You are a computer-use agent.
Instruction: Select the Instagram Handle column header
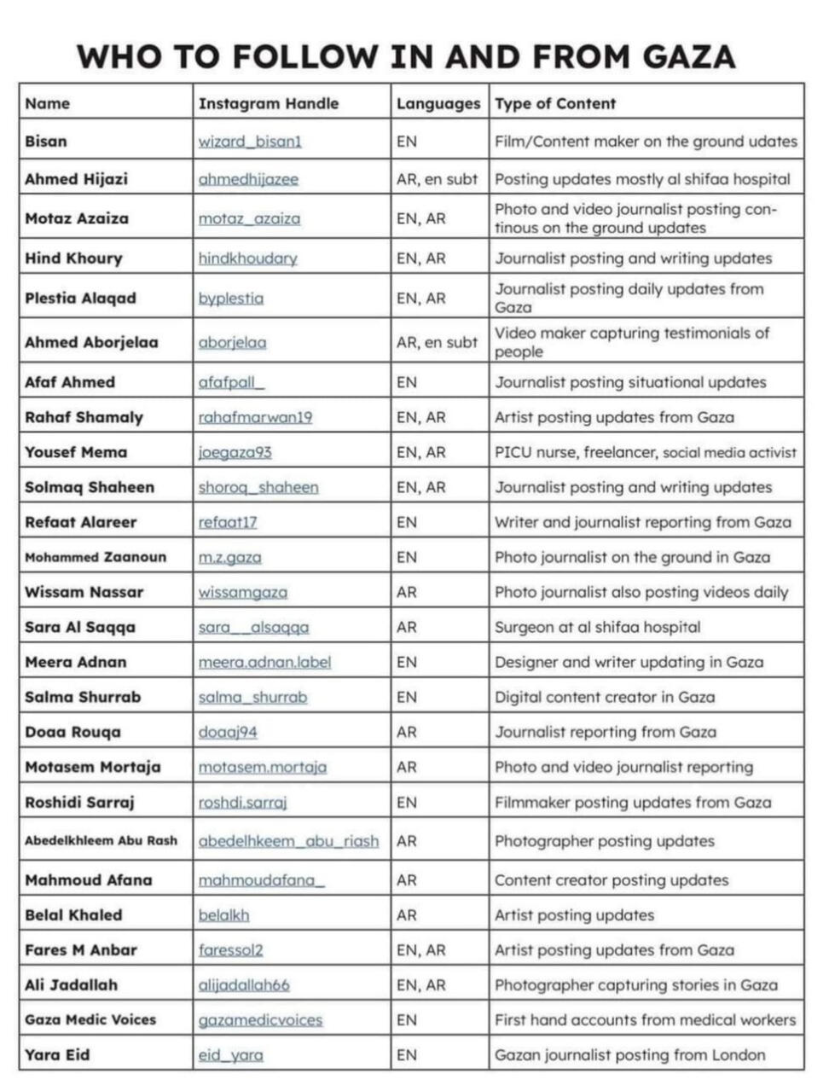coord(268,103)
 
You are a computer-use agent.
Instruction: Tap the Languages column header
coord(438,103)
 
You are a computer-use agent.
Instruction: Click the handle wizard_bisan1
coord(250,142)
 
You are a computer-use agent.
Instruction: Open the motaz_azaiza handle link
coord(249,218)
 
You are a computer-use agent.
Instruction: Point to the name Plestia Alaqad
coord(80,298)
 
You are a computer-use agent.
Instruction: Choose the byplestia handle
coord(230,298)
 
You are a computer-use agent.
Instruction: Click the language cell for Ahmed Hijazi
coord(437,179)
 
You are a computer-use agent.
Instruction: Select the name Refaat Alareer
coord(80,522)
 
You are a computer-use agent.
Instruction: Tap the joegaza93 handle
coord(235,452)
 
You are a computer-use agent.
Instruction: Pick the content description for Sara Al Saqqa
coord(597,627)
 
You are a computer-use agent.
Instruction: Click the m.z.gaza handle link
coord(229,557)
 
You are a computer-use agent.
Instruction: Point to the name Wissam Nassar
coord(84,592)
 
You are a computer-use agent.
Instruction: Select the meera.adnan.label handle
coord(264,662)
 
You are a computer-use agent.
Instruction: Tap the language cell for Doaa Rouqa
coord(407,732)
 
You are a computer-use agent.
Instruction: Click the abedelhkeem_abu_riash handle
coord(288,841)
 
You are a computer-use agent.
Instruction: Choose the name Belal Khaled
coord(73,914)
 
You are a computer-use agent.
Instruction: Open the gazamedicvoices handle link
coord(260,1019)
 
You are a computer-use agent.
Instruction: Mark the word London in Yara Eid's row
coord(739,1054)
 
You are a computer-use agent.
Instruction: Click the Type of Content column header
coord(555,103)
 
